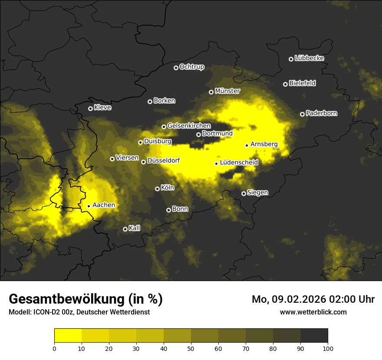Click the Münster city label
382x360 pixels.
(227, 91)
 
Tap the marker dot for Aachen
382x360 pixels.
(89, 206)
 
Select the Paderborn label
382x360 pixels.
(322, 113)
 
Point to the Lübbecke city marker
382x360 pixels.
(291, 59)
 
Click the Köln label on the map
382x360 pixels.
(168, 188)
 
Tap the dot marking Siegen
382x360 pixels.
(244, 193)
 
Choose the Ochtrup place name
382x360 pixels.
(192, 67)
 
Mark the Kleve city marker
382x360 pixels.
(90, 108)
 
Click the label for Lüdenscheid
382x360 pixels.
(239, 163)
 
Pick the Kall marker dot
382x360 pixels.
(125, 229)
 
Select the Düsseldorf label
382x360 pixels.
(164, 160)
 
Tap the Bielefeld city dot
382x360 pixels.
(285, 84)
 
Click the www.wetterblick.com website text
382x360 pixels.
(313, 312)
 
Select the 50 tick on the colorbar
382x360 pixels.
(191, 348)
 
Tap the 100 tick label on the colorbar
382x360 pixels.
(328, 348)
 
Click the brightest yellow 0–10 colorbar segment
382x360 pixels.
(68, 335)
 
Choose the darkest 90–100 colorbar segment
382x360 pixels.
(314, 335)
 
